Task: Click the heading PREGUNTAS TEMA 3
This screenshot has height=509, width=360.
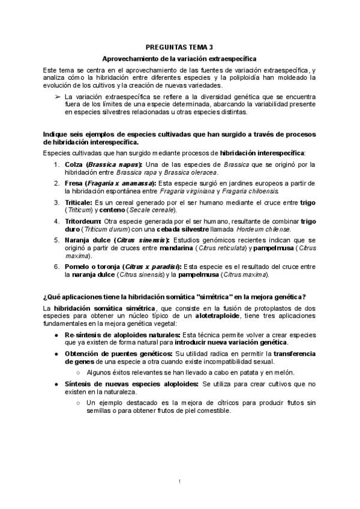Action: [179, 47]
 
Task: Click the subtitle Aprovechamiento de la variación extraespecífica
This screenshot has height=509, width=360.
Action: [179, 59]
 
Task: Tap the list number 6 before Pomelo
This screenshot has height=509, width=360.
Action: [56, 267]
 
